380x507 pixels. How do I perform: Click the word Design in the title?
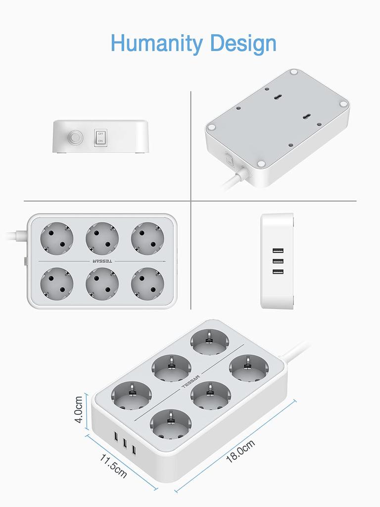click(x=242, y=44)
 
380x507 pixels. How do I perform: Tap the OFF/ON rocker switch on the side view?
click(x=100, y=137)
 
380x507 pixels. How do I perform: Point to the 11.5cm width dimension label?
click(x=113, y=464)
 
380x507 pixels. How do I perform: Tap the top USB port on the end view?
click(x=277, y=251)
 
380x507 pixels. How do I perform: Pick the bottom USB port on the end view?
click(x=277, y=272)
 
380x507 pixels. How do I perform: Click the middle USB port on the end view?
click(x=277, y=261)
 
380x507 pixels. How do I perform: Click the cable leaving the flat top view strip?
click(x=15, y=235)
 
